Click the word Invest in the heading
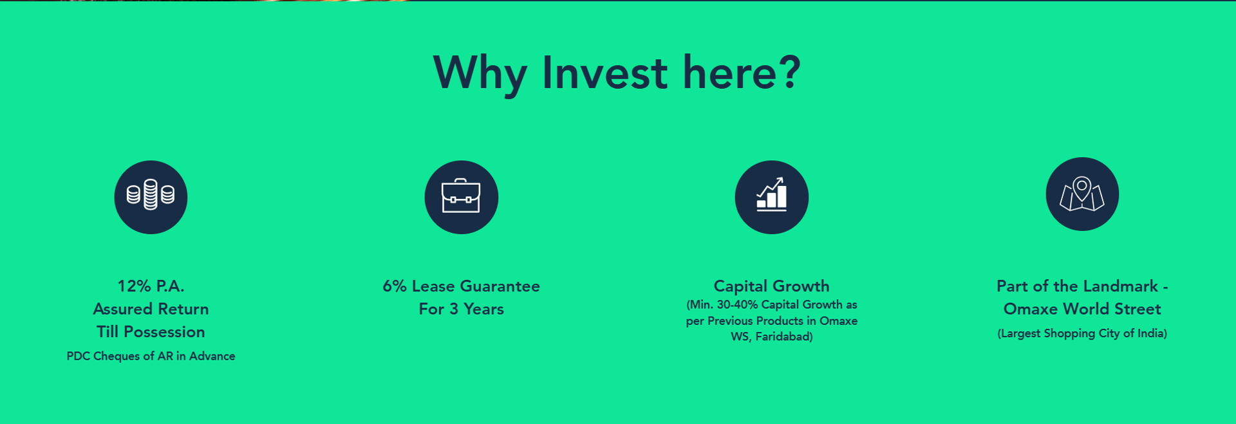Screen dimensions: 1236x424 point(605,72)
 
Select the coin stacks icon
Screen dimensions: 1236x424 point(151,197)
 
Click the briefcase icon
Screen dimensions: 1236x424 point(462,197)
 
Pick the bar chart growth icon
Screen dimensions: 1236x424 point(772,197)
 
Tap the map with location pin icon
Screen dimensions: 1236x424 point(1082,194)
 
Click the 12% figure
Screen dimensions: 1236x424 point(134,286)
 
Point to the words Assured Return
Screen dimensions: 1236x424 point(151,309)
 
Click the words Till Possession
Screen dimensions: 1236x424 point(151,332)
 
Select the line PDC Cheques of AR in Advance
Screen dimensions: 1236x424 point(151,356)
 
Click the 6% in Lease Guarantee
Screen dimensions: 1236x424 point(395,286)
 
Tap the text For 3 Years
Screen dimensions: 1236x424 point(462,309)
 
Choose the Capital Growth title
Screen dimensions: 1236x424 point(772,286)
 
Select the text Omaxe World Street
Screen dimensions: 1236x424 point(1082,309)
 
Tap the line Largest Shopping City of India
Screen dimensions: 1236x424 point(1082,333)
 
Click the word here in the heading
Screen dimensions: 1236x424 point(727,72)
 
